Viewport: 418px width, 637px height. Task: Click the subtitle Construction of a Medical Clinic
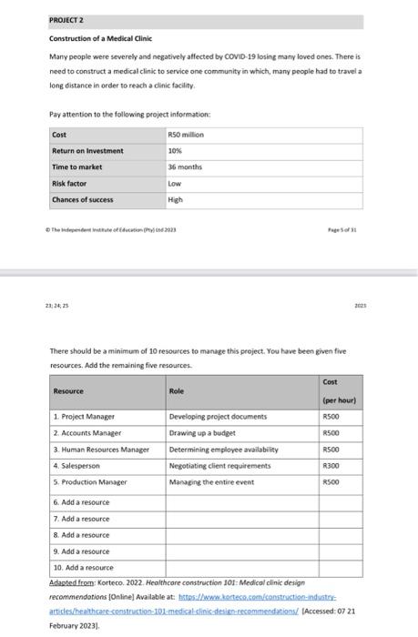coord(100,39)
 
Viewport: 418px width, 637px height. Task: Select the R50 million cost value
coord(186,134)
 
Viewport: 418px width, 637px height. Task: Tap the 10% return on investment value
coord(175,150)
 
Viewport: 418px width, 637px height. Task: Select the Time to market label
coord(77,167)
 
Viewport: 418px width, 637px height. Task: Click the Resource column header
coord(68,390)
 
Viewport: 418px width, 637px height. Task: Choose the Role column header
coord(177,390)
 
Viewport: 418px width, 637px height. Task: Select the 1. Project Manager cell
coord(83,417)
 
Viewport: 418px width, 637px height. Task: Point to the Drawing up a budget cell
coord(203,433)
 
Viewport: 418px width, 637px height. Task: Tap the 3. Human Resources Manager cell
coord(100,450)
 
